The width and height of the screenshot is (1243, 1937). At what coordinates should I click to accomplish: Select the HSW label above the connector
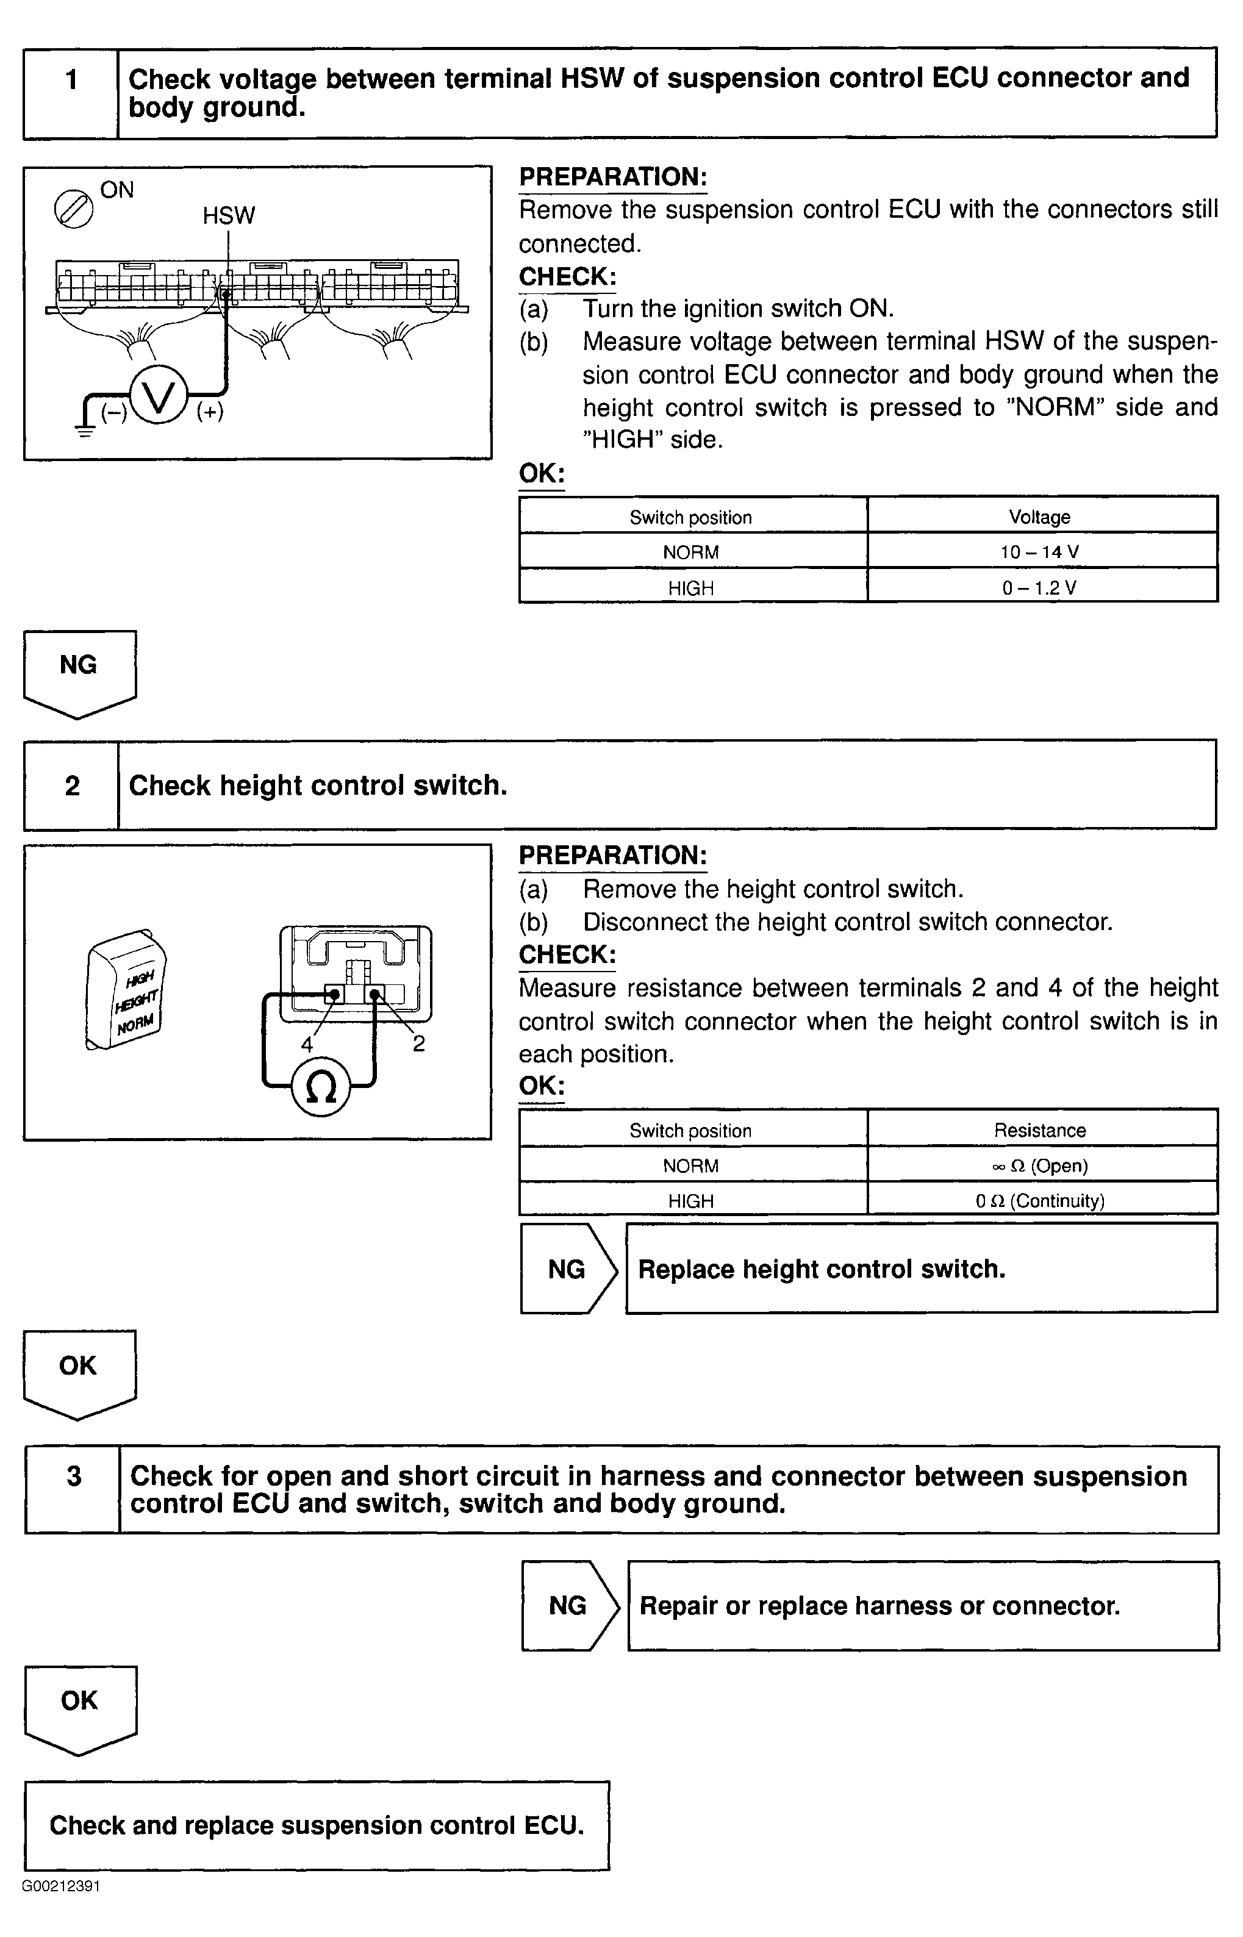point(229,215)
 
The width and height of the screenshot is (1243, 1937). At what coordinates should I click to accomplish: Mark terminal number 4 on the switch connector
point(307,1044)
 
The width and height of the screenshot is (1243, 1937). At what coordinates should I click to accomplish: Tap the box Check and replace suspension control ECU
point(317,1825)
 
